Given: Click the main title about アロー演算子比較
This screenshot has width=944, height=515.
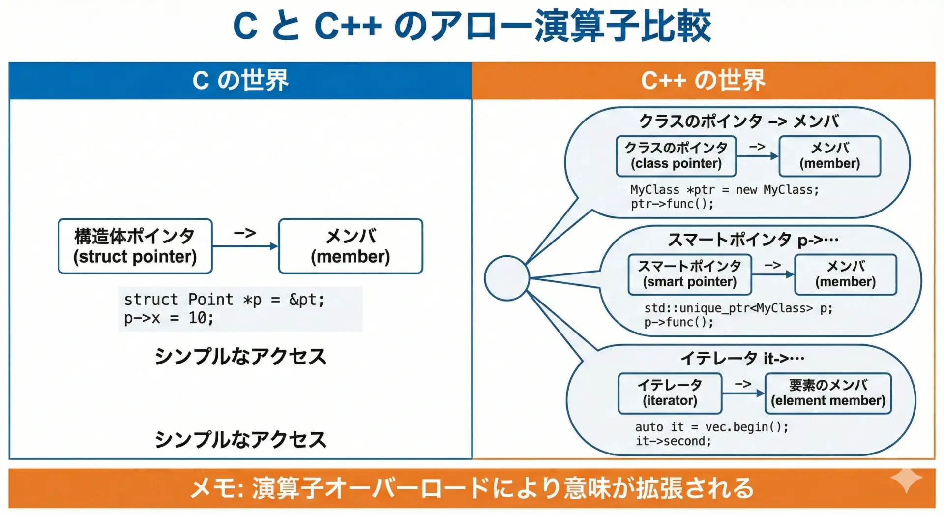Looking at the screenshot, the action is click(472, 26).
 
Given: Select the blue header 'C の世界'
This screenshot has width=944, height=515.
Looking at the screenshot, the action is click(240, 81).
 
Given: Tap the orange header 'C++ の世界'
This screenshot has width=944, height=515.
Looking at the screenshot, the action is click(704, 81).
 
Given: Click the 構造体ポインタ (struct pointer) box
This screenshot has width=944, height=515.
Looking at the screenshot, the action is click(135, 246).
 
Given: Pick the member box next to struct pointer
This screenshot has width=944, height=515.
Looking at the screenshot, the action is click(351, 246).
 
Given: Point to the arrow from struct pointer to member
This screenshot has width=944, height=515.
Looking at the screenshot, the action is click(245, 246).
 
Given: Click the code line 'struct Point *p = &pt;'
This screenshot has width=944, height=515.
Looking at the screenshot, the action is click(224, 299).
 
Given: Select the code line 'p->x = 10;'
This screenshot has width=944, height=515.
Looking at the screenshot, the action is click(169, 318).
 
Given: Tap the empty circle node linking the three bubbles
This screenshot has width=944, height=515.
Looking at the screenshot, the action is click(506, 278).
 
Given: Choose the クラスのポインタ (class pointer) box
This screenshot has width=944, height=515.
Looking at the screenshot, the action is click(676, 156).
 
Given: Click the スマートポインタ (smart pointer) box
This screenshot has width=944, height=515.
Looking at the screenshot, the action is click(690, 274).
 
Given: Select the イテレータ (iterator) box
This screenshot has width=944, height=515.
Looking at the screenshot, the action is click(670, 393).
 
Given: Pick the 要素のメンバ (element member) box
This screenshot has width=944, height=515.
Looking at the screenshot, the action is click(828, 393).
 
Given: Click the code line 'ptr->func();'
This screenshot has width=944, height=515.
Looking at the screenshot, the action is click(672, 204).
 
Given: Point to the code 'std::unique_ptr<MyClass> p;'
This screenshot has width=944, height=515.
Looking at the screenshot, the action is click(738, 308).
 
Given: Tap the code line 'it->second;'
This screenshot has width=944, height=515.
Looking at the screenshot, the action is click(674, 441).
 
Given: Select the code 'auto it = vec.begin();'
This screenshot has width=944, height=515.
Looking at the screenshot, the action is click(712, 427).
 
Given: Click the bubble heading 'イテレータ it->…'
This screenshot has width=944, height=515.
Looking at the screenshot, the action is click(742, 358).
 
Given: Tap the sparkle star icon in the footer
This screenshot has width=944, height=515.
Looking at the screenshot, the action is click(906, 480).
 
